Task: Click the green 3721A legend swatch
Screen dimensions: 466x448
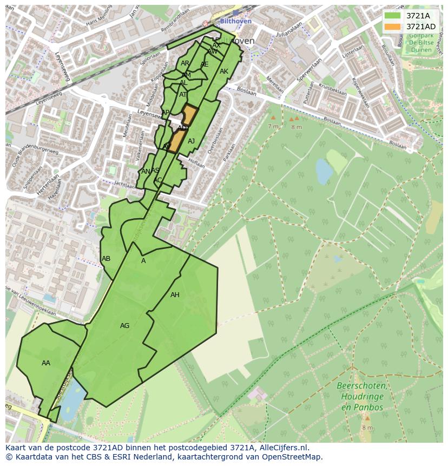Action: (392, 16)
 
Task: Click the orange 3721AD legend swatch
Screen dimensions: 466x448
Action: (392, 27)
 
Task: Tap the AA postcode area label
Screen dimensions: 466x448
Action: (46, 363)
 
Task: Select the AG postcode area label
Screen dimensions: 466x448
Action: (124, 326)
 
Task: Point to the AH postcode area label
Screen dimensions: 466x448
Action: (175, 295)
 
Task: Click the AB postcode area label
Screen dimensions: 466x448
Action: (106, 259)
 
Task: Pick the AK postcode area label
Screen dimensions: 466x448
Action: (224, 71)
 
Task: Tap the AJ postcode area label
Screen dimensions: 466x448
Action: (191, 141)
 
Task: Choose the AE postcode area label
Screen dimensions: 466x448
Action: (204, 64)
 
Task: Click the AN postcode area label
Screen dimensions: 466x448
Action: (145, 172)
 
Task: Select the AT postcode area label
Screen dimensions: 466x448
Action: (183, 95)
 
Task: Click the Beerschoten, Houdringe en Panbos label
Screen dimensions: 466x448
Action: (362, 397)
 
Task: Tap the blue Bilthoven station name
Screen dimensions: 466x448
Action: (236, 21)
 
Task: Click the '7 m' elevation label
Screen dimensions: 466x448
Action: (273, 127)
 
